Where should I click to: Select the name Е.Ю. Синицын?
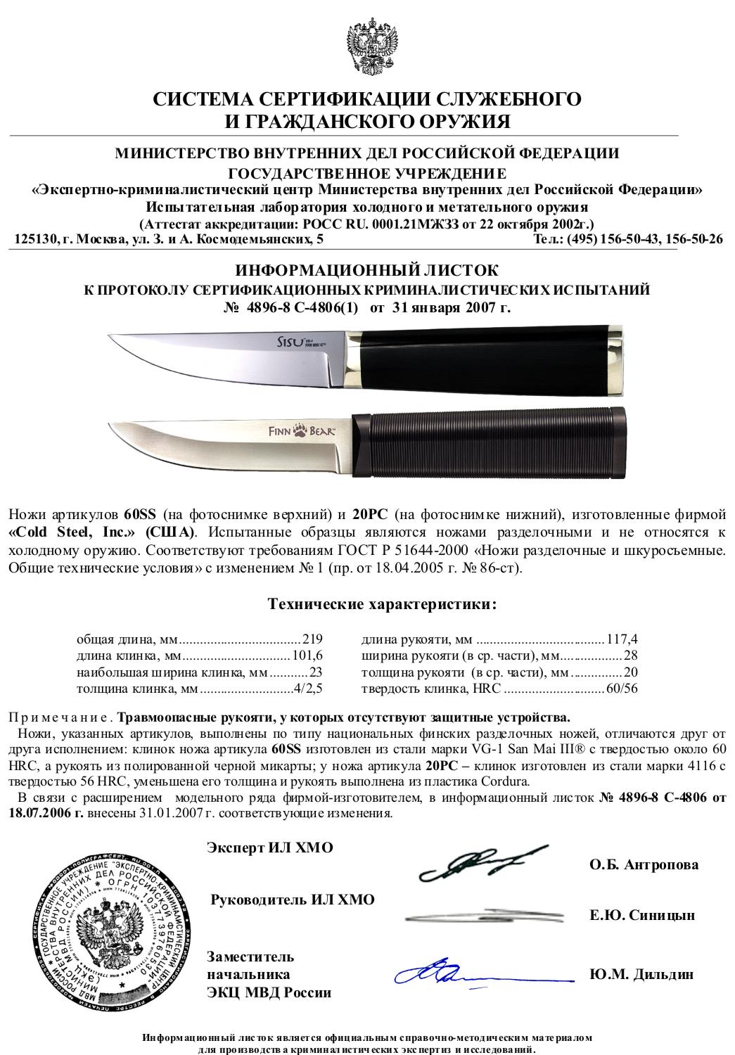pyautogui.click(x=642, y=915)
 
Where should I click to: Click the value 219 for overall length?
pyautogui.click(x=312, y=639)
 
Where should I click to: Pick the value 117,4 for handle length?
pyautogui.click(x=621, y=639)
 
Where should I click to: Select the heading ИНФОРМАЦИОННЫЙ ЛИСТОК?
pyautogui.click(x=366, y=270)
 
